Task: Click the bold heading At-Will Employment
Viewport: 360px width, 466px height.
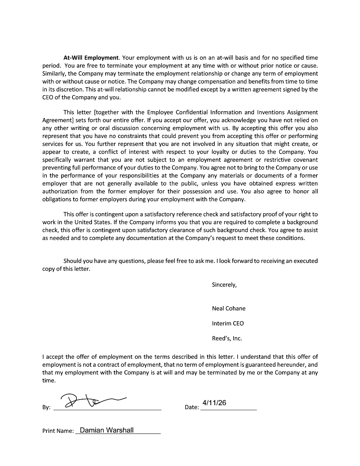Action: (x=91, y=58)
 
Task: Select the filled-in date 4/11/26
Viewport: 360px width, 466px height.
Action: (x=214, y=403)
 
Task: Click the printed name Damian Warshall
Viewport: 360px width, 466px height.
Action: (x=107, y=430)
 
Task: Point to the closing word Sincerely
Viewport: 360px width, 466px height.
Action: (x=224, y=285)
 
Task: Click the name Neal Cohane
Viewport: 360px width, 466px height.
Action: (x=229, y=308)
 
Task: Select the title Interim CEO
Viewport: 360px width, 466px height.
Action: (x=228, y=323)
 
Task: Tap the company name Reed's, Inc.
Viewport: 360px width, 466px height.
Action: (x=227, y=338)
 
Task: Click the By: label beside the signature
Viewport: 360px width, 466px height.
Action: (x=46, y=408)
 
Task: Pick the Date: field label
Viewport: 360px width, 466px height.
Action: (x=192, y=408)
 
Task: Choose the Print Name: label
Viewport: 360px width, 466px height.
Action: (x=58, y=431)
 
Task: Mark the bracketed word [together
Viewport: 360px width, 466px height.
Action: (x=98, y=112)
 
